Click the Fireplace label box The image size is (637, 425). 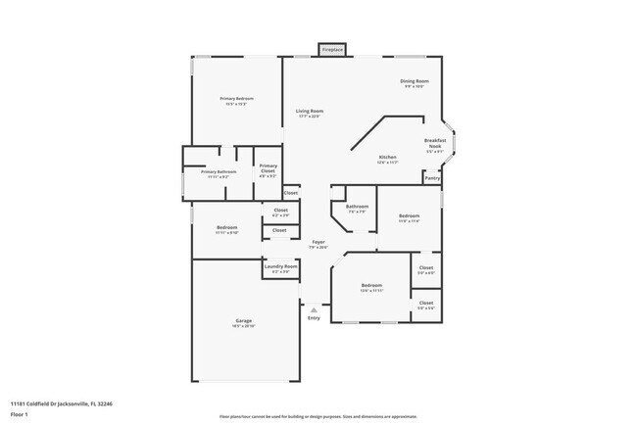[x=333, y=48]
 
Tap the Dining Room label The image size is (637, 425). [x=414, y=81]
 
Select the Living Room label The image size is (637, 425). [x=310, y=112]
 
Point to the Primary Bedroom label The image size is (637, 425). [x=237, y=99]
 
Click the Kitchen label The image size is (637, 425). [x=387, y=158]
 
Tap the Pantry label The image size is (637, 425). [x=432, y=178]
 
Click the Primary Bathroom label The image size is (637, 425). [x=219, y=172]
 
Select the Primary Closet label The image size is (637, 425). [x=268, y=168]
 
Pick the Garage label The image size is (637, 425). [x=243, y=321]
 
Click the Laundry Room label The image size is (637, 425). [x=280, y=266]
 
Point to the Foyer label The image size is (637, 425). [x=318, y=242]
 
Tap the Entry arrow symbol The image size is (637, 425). [x=314, y=309]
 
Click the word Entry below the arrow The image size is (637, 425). [x=314, y=317]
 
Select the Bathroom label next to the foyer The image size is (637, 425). [x=357, y=207]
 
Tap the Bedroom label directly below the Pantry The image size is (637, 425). [x=409, y=215]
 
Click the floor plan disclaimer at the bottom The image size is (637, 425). [x=318, y=416]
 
